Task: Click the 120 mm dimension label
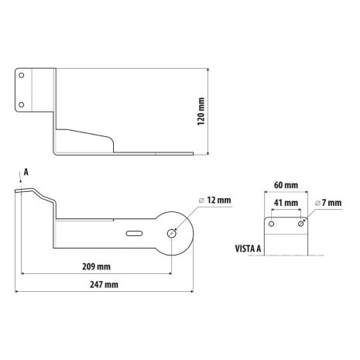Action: [x=201, y=111]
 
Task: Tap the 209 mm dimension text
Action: [x=97, y=266]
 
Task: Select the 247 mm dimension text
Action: [x=104, y=285]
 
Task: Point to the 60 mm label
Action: [x=286, y=185]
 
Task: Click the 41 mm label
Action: [x=286, y=203]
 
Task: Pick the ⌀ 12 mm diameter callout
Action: [x=215, y=201]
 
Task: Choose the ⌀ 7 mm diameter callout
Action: [x=328, y=203]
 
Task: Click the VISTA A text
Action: [x=248, y=249]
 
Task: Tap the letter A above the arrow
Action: [x=26, y=172]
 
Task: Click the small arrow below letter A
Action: [x=21, y=179]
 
